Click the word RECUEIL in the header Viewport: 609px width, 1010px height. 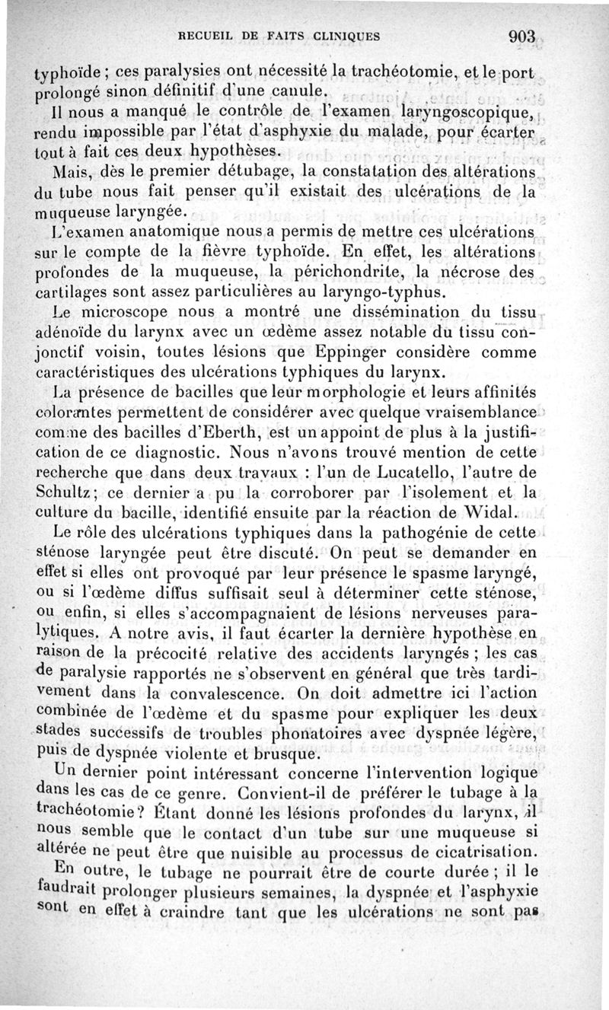[x=206, y=36]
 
